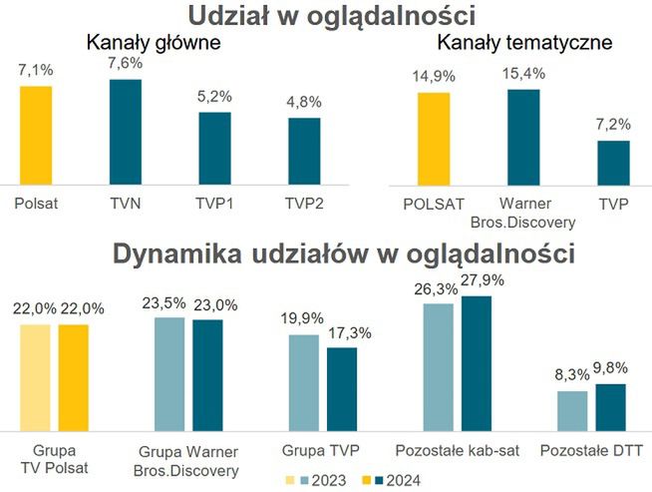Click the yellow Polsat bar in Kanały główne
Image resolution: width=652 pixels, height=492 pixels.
coord(35,135)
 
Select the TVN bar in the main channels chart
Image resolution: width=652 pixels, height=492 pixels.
coord(125,132)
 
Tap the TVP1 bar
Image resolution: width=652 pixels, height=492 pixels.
coord(214,148)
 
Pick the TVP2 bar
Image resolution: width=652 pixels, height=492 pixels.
coord(304,151)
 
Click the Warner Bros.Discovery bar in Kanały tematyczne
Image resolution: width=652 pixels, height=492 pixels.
coord(523,137)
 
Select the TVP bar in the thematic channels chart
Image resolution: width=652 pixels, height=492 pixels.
coord(614,163)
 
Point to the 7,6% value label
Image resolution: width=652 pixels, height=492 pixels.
coord(125,62)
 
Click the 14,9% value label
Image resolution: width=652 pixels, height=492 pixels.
coord(434,76)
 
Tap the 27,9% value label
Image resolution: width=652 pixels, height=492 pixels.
coord(483,280)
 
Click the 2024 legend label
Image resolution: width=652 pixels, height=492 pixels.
coord(401,479)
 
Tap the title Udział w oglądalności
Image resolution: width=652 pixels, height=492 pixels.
coord(326,16)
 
